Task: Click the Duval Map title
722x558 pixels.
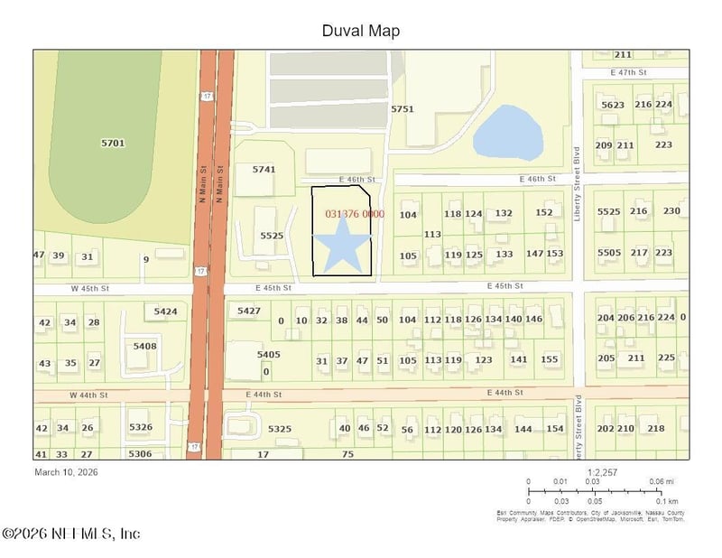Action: point(361,31)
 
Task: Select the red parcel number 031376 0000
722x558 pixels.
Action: point(355,214)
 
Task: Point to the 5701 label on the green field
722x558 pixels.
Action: point(113,143)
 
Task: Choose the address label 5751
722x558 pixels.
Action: point(403,108)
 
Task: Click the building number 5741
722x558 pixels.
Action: point(264,169)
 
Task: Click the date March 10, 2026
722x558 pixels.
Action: point(66,471)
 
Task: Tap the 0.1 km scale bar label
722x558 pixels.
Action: point(667,500)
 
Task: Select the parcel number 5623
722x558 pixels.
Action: point(612,105)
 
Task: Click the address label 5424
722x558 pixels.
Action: point(165,312)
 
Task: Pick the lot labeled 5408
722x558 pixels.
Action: point(144,346)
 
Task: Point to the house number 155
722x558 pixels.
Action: point(550,359)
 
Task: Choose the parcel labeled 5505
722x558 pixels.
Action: point(609,253)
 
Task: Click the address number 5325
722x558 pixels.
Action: point(280,428)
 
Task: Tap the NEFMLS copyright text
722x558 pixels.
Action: point(71,534)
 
